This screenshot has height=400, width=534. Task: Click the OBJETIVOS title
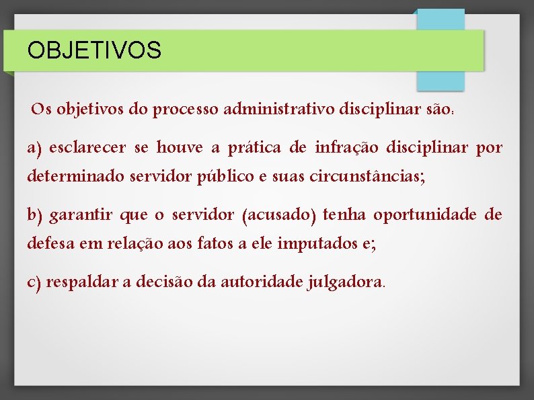94,50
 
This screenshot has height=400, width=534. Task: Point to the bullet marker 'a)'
34,147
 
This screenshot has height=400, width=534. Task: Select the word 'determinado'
71,176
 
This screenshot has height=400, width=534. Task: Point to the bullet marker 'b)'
35,215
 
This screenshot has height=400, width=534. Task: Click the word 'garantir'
81,215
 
